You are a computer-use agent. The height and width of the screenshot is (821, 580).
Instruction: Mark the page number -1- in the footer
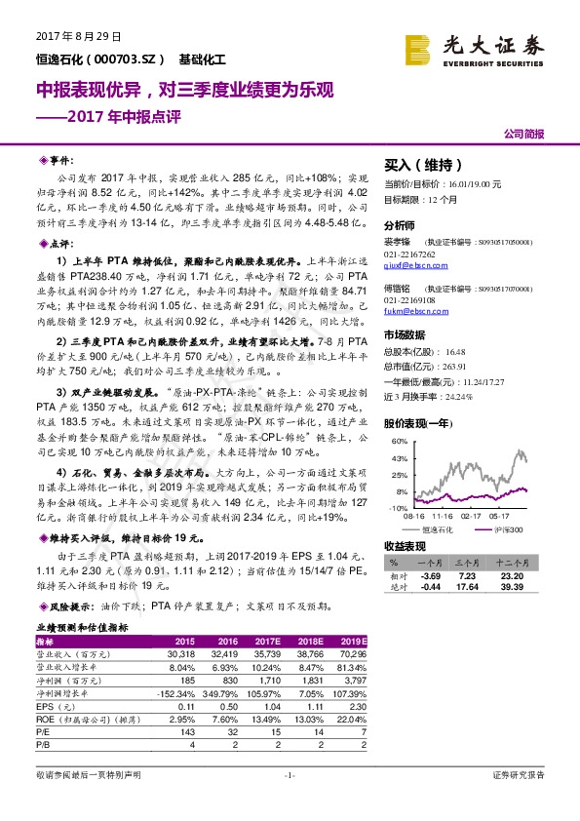(x=290, y=775)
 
